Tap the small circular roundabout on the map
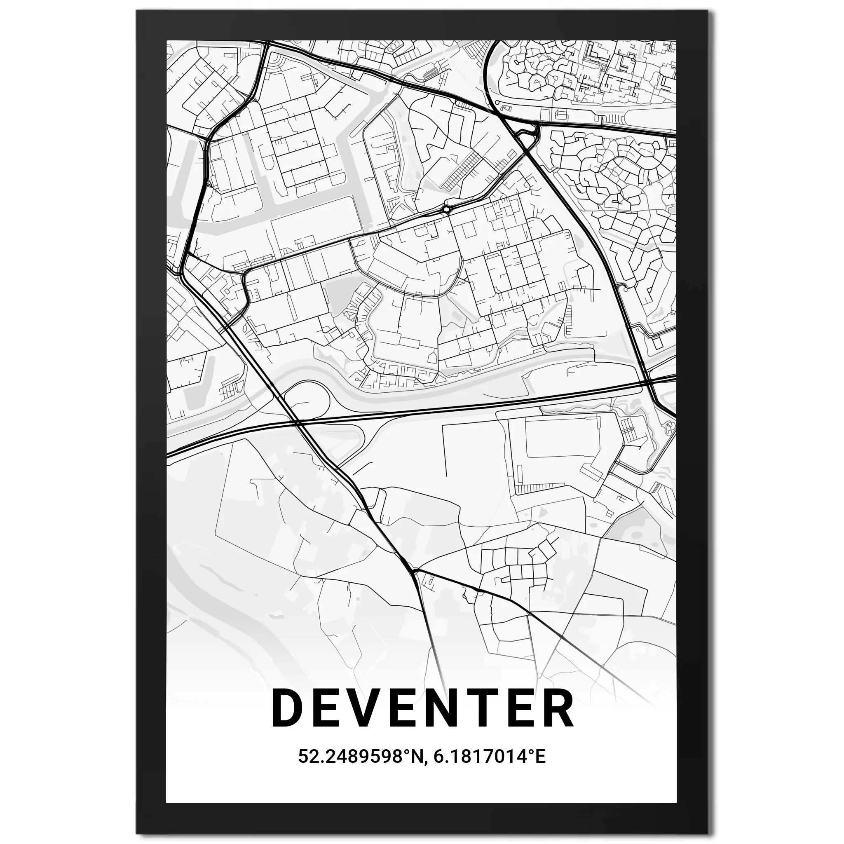coord(445,210)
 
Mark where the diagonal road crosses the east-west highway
coord(297,423)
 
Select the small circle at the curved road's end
coord(497,103)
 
